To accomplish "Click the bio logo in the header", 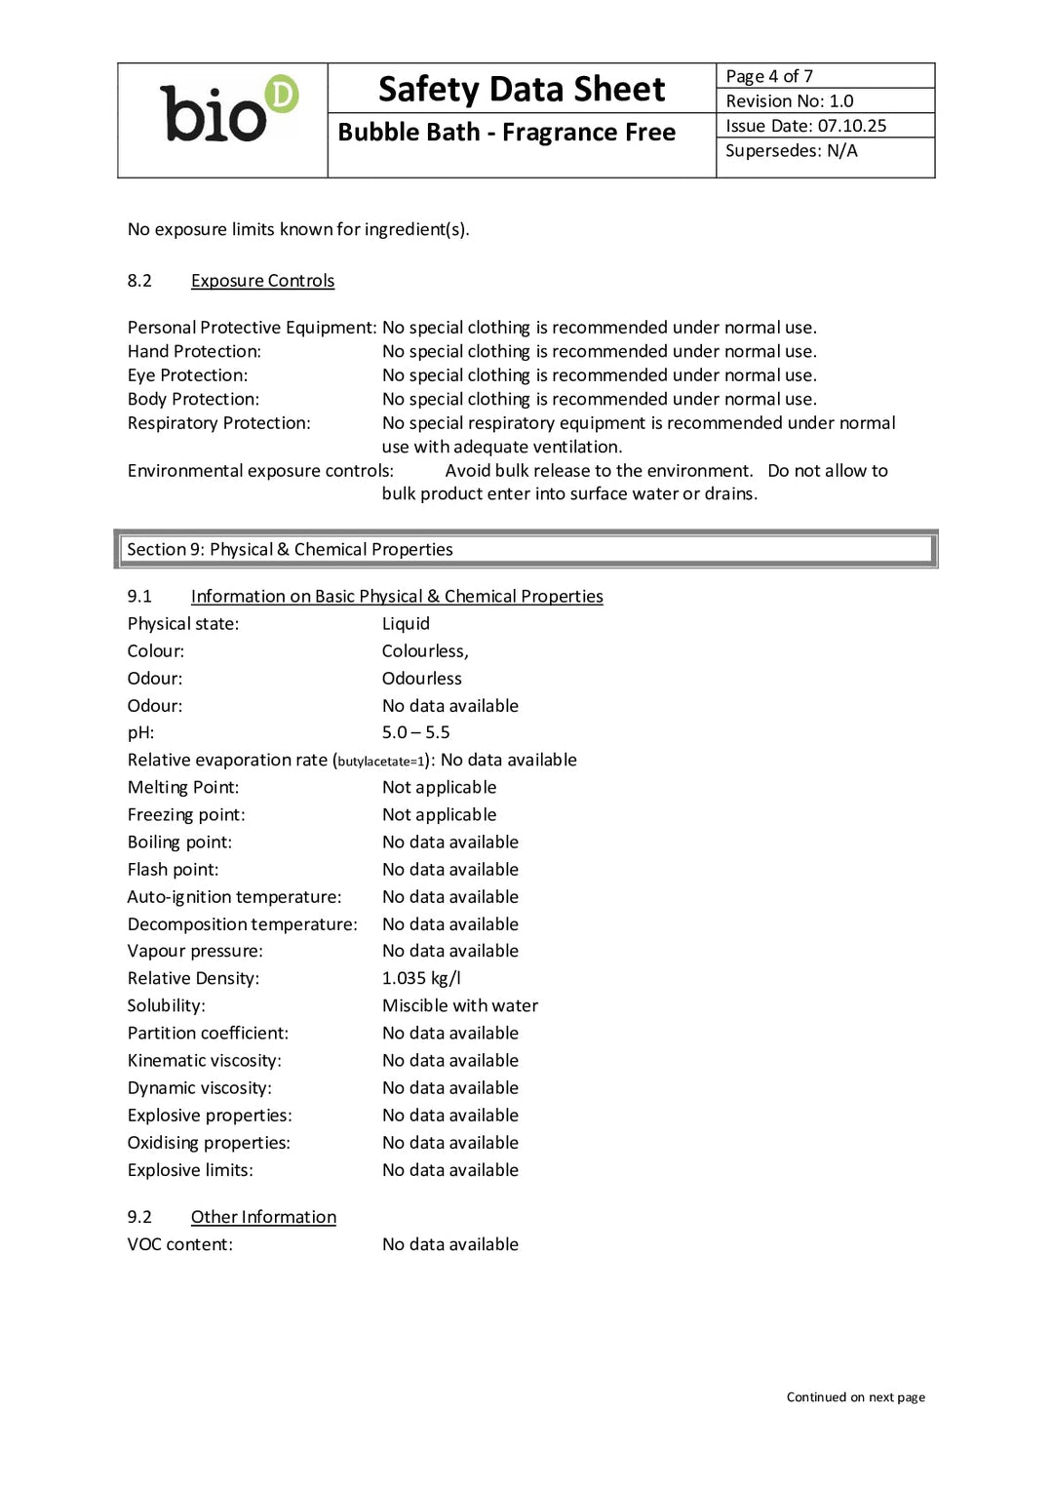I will click(x=227, y=111).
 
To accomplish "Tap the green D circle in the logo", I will click(x=282, y=94).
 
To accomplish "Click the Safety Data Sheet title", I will click(x=522, y=89).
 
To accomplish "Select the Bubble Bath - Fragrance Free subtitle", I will click(x=506, y=132).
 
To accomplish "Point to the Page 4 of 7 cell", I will click(x=769, y=76).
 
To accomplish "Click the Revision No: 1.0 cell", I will click(x=789, y=100).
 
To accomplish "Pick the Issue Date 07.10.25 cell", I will click(x=805, y=126).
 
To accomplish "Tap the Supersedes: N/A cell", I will click(x=791, y=150).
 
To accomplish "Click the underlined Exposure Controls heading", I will click(x=262, y=281).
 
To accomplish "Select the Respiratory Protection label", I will click(x=218, y=423).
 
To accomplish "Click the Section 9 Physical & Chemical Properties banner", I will click(x=526, y=549).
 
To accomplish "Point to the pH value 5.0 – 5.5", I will click(x=415, y=732).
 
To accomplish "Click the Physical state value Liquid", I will click(x=406, y=623).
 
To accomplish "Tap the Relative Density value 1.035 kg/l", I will click(x=421, y=978).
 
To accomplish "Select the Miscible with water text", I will click(x=459, y=1005).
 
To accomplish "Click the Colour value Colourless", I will click(x=424, y=650).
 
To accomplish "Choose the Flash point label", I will click(x=173, y=869).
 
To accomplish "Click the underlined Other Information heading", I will click(x=263, y=1217).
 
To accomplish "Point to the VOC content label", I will click(x=179, y=1244).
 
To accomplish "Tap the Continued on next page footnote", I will click(x=855, y=1397).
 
